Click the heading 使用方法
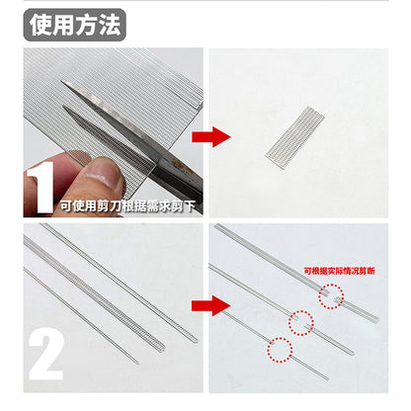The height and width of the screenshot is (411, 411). point(75,25)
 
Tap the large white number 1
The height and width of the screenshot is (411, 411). point(41,187)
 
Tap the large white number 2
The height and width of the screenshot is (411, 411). point(45,354)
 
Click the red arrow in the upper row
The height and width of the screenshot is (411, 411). point(211,136)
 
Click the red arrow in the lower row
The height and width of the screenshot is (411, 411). point(211,306)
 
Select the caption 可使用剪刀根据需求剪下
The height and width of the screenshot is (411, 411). point(127,206)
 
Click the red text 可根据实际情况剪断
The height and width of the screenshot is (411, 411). point(339,271)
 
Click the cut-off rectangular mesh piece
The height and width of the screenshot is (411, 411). point(295,137)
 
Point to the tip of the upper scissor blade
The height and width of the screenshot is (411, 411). point(61,81)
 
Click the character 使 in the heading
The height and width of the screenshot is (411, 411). point(41,25)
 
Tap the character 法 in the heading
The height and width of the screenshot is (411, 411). point(110,25)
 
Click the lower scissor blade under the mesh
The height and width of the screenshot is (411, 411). point(109,135)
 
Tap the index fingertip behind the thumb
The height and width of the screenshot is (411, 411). point(78,156)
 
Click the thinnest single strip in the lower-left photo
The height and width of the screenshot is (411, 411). point(81,315)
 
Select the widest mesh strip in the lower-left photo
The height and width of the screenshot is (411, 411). point(94,292)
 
